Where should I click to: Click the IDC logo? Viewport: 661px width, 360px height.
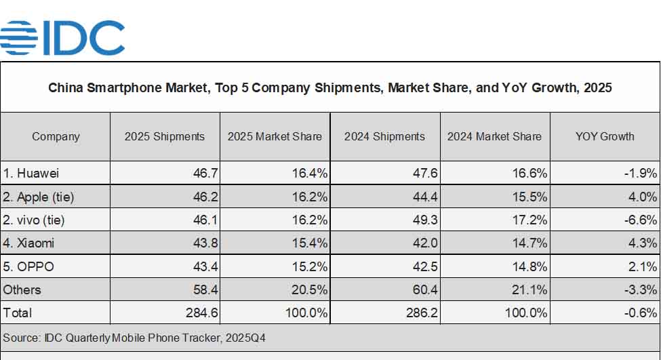point(62,37)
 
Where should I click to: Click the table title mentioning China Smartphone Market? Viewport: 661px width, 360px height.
point(330,88)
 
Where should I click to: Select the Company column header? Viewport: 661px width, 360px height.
point(56,136)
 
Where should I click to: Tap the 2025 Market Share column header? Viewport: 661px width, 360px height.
point(275,136)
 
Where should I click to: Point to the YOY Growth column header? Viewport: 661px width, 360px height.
point(605,136)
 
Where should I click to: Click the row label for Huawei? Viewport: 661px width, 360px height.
point(31,174)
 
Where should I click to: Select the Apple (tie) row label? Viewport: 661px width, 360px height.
point(38,197)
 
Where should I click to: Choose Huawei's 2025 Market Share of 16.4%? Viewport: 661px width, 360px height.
point(310,174)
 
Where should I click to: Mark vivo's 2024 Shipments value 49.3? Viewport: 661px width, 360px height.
point(424,220)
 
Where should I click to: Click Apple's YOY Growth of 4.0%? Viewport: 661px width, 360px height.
point(643,197)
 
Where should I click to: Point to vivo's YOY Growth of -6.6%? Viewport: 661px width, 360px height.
point(641,220)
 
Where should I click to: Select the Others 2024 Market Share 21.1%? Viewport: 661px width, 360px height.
point(530,289)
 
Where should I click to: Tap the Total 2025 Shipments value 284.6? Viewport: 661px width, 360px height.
point(201,313)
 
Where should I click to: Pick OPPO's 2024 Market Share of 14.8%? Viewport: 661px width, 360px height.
point(530,266)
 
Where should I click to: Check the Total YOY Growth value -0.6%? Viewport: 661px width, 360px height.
point(641,313)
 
